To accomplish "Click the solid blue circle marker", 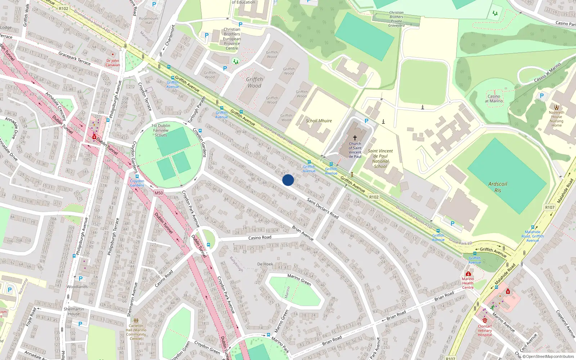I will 288,180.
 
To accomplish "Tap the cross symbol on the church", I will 355,138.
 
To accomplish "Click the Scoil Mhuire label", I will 319,121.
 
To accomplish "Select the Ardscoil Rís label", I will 498,187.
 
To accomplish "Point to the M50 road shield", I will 158,193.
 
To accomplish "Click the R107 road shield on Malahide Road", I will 550,207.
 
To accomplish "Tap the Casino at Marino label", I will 494,99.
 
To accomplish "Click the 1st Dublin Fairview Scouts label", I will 161,130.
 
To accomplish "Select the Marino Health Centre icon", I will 468,274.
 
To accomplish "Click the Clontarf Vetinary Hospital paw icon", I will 485,320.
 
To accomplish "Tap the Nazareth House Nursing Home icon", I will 557,107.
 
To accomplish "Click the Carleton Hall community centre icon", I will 136,320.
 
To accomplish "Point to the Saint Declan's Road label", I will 323,208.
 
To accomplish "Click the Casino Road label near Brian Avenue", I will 260,238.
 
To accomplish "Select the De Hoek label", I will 265,264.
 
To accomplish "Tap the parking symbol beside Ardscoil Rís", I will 453,224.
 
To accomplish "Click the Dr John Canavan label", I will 113,63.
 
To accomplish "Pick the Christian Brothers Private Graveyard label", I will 396,19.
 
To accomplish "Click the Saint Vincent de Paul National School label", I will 380,159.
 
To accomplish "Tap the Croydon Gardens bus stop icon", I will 137,177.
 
